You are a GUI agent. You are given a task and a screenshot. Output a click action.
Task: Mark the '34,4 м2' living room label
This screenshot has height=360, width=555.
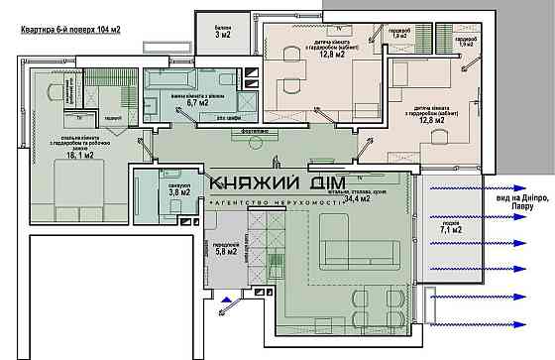tap(356, 199)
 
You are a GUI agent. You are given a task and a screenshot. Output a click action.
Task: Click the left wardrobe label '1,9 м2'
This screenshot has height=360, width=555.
tap(399, 35)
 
